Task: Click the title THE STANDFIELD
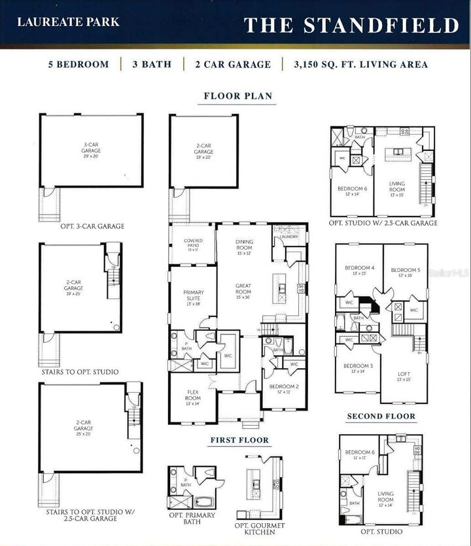click(x=351, y=25)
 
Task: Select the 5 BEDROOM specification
click(x=78, y=64)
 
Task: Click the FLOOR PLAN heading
click(x=238, y=96)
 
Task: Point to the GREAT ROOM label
click(x=243, y=288)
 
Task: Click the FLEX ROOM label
click(x=193, y=396)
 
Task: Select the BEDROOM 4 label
click(x=359, y=268)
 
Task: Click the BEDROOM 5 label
click(x=405, y=271)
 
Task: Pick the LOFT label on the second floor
click(x=404, y=375)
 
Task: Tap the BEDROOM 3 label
click(x=358, y=366)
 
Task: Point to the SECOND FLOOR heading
click(x=381, y=416)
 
